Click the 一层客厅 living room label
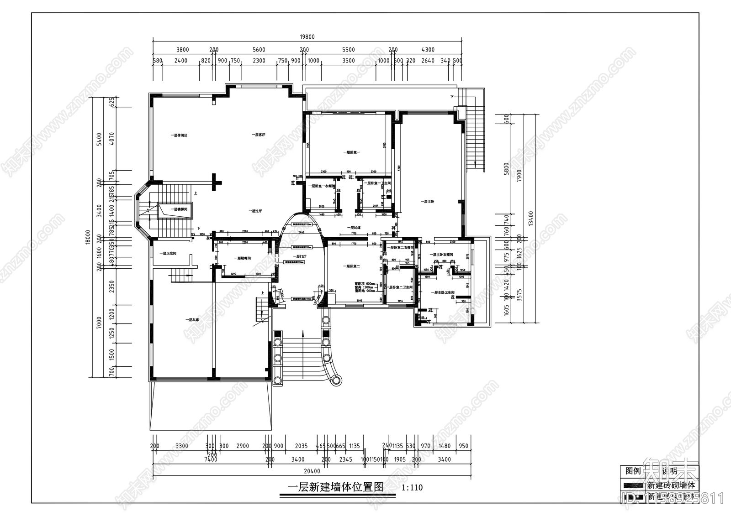[259, 135]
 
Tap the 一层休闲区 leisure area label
[180, 135]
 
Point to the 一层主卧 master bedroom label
[429, 201]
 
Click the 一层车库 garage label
[192, 320]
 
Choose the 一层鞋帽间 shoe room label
[243, 258]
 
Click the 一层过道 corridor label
[354, 227]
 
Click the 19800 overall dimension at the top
[307, 37]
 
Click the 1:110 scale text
[412, 488]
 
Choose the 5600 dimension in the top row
[259, 50]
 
